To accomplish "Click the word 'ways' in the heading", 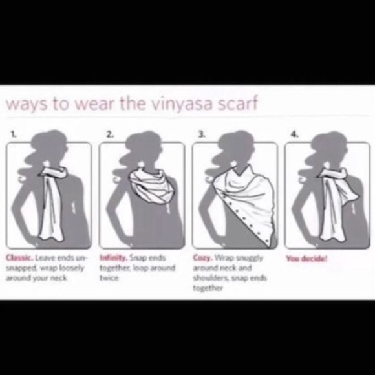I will pyautogui.click(x=27, y=105).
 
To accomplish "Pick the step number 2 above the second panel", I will pyautogui.click(x=109, y=135).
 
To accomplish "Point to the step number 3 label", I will pyautogui.click(x=202, y=135).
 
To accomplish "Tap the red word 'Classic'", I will pyautogui.click(x=17, y=258).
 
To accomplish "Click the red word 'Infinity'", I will pyautogui.click(x=111, y=258).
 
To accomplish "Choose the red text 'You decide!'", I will pyautogui.click(x=306, y=258).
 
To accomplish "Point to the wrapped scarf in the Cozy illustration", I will pyautogui.click(x=241, y=194).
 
